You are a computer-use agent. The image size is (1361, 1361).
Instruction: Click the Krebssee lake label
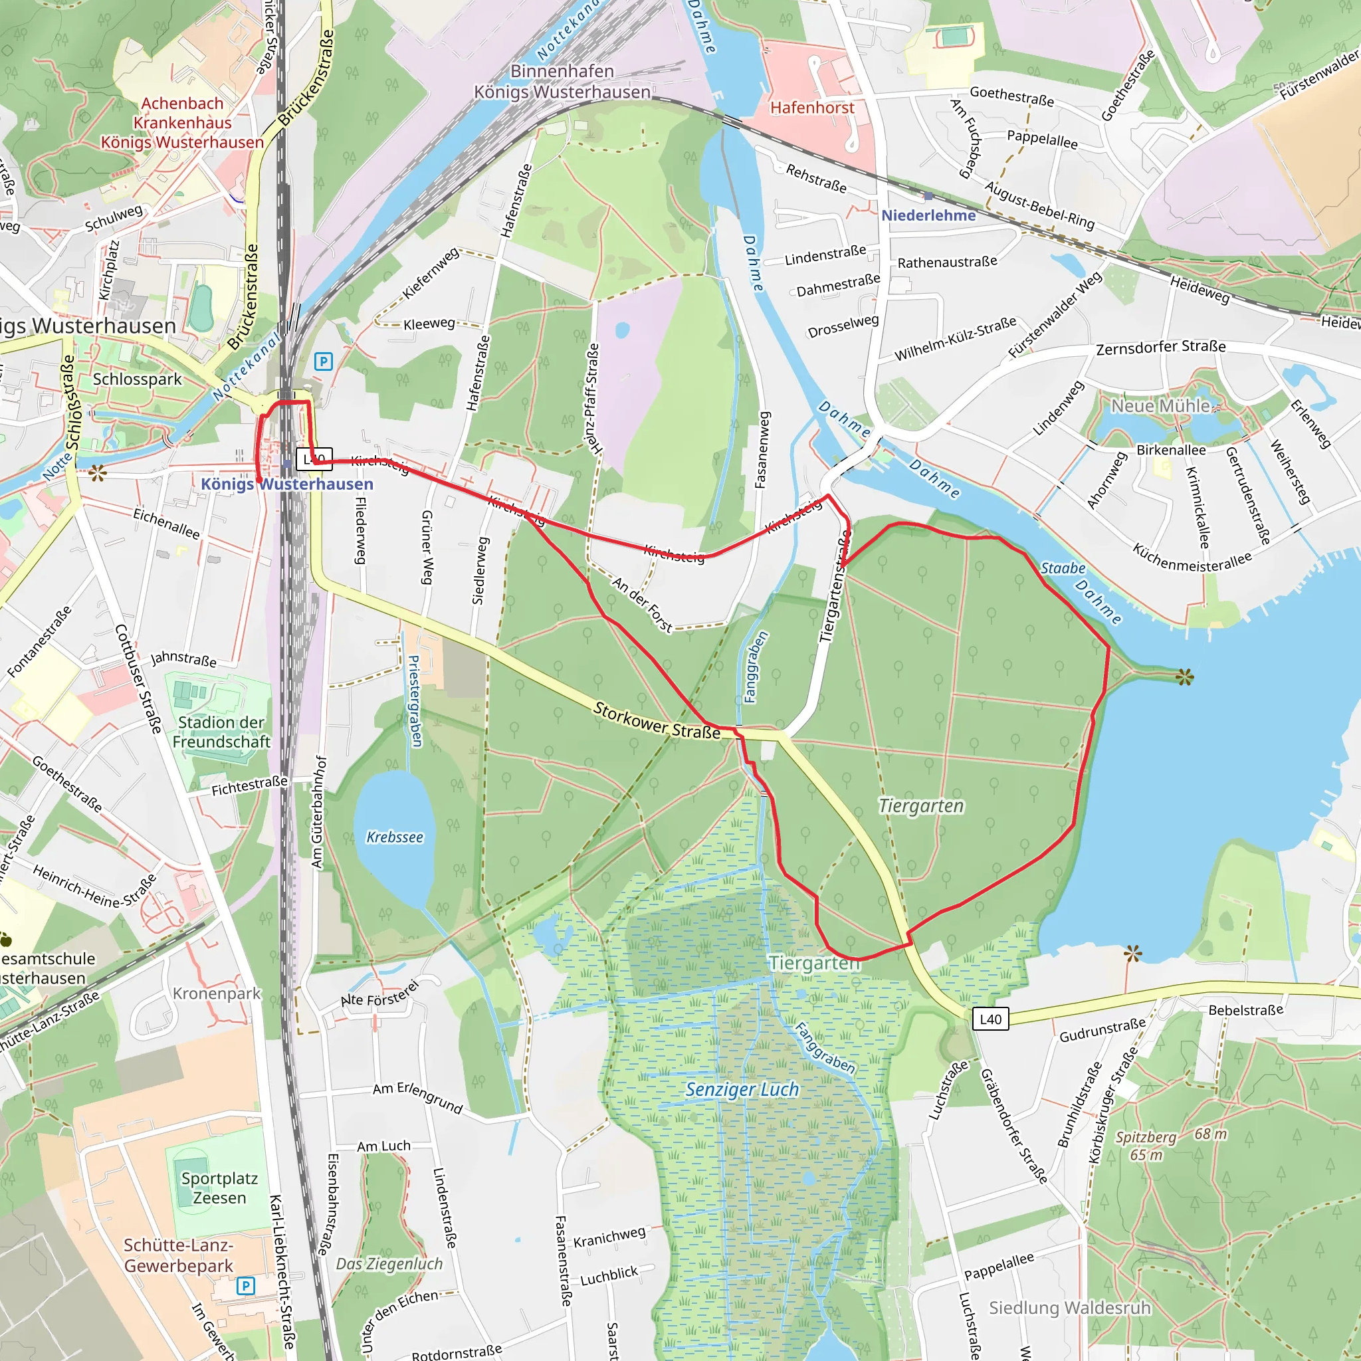[x=395, y=837]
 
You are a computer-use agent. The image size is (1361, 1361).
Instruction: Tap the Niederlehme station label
[x=928, y=215]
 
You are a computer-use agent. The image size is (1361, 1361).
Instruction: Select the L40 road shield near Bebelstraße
[x=990, y=1019]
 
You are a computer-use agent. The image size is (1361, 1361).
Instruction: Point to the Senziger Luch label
[x=742, y=1090]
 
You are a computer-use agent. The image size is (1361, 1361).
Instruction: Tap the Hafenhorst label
[x=811, y=108]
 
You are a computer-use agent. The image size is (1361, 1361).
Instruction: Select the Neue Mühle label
[x=1160, y=406]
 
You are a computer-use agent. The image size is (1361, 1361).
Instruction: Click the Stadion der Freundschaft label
[x=221, y=732]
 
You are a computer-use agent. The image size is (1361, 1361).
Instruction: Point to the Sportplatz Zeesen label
[x=219, y=1188]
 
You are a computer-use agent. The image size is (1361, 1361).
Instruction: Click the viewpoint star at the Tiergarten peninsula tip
[x=1185, y=678]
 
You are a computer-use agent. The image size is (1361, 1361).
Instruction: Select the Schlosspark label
[x=138, y=379]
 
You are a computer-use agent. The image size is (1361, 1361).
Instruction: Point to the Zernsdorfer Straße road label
[x=1161, y=348]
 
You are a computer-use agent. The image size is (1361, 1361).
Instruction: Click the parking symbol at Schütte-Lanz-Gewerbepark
[x=245, y=1287]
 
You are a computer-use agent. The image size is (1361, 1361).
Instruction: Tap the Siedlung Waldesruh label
[x=1069, y=1308]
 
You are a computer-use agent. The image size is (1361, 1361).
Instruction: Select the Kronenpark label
[x=216, y=994]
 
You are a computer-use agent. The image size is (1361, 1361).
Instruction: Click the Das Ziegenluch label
[x=389, y=1264]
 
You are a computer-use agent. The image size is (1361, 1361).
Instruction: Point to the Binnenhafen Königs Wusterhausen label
[x=562, y=82]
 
